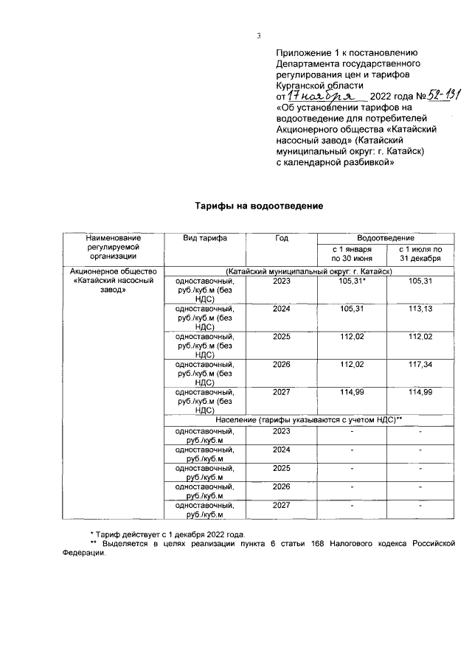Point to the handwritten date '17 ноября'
322,97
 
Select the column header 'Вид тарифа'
204,238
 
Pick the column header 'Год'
281,238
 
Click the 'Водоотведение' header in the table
385,238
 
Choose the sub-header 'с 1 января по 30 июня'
350,254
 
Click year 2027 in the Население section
281,505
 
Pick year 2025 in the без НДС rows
281,336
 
